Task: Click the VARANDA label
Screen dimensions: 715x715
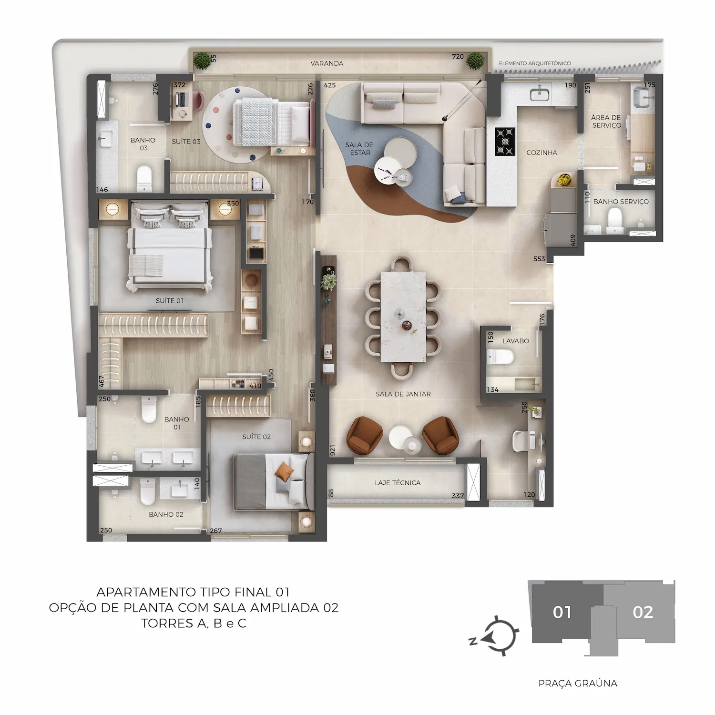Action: click(x=327, y=63)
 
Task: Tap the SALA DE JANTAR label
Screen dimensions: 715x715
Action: click(x=403, y=394)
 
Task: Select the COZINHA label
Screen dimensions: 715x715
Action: click(x=541, y=153)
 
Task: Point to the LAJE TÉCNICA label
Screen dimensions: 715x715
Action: click(x=398, y=483)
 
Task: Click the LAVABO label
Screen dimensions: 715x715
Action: click(x=516, y=341)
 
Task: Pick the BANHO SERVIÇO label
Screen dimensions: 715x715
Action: click(x=621, y=202)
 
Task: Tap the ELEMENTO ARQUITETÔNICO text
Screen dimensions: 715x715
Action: click(x=535, y=63)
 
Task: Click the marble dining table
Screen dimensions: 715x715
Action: click(x=403, y=317)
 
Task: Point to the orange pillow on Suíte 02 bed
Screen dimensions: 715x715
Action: click(x=285, y=471)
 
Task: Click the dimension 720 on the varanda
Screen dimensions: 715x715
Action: click(x=458, y=57)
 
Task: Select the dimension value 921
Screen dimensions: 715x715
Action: click(x=333, y=450)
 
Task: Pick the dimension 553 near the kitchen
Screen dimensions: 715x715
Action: click(x=539, y=259)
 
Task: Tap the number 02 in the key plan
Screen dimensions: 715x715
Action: click(x=643, y=612)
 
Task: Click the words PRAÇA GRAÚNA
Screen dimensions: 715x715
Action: click(x=578, y=684)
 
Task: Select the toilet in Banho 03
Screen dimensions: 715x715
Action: click(x=143, y=177)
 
